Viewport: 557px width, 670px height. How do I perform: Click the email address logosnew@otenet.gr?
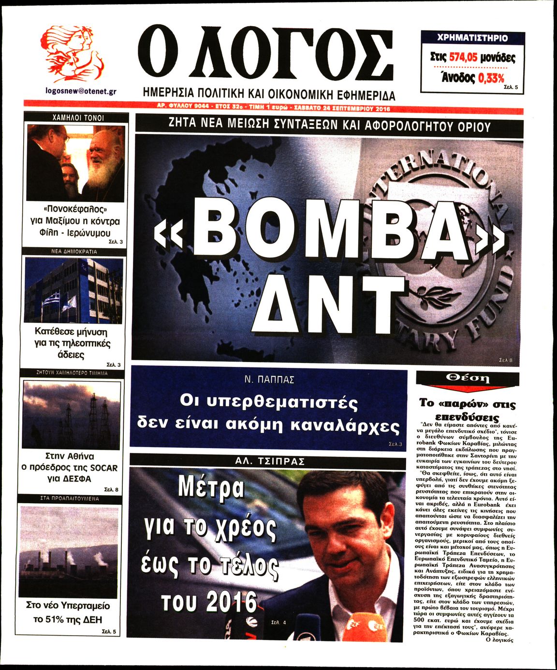[x=80, y=91]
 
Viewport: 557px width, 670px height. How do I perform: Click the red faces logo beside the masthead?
[x=72, y=53]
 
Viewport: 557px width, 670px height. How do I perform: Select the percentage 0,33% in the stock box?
[x=491, y=78]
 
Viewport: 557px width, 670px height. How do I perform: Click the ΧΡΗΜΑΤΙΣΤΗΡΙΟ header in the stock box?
[x=472, y=38]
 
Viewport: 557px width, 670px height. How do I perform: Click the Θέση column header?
[x=468, y=378]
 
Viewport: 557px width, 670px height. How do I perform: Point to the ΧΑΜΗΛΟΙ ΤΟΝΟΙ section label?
[x=77, y=117]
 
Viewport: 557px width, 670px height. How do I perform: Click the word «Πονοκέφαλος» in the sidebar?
[x=75, y=209]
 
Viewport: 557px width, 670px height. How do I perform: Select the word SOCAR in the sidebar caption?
[x=103, y=467]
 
